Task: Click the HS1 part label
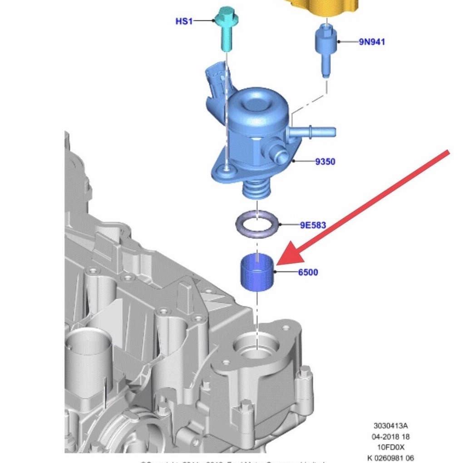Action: pos(184,21)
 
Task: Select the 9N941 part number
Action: pos(372,42)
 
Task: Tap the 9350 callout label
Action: pos(325,161)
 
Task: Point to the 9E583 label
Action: pos(313,225)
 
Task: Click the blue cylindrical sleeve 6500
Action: pos(257,272)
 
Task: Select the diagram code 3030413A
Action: pos(390,426)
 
